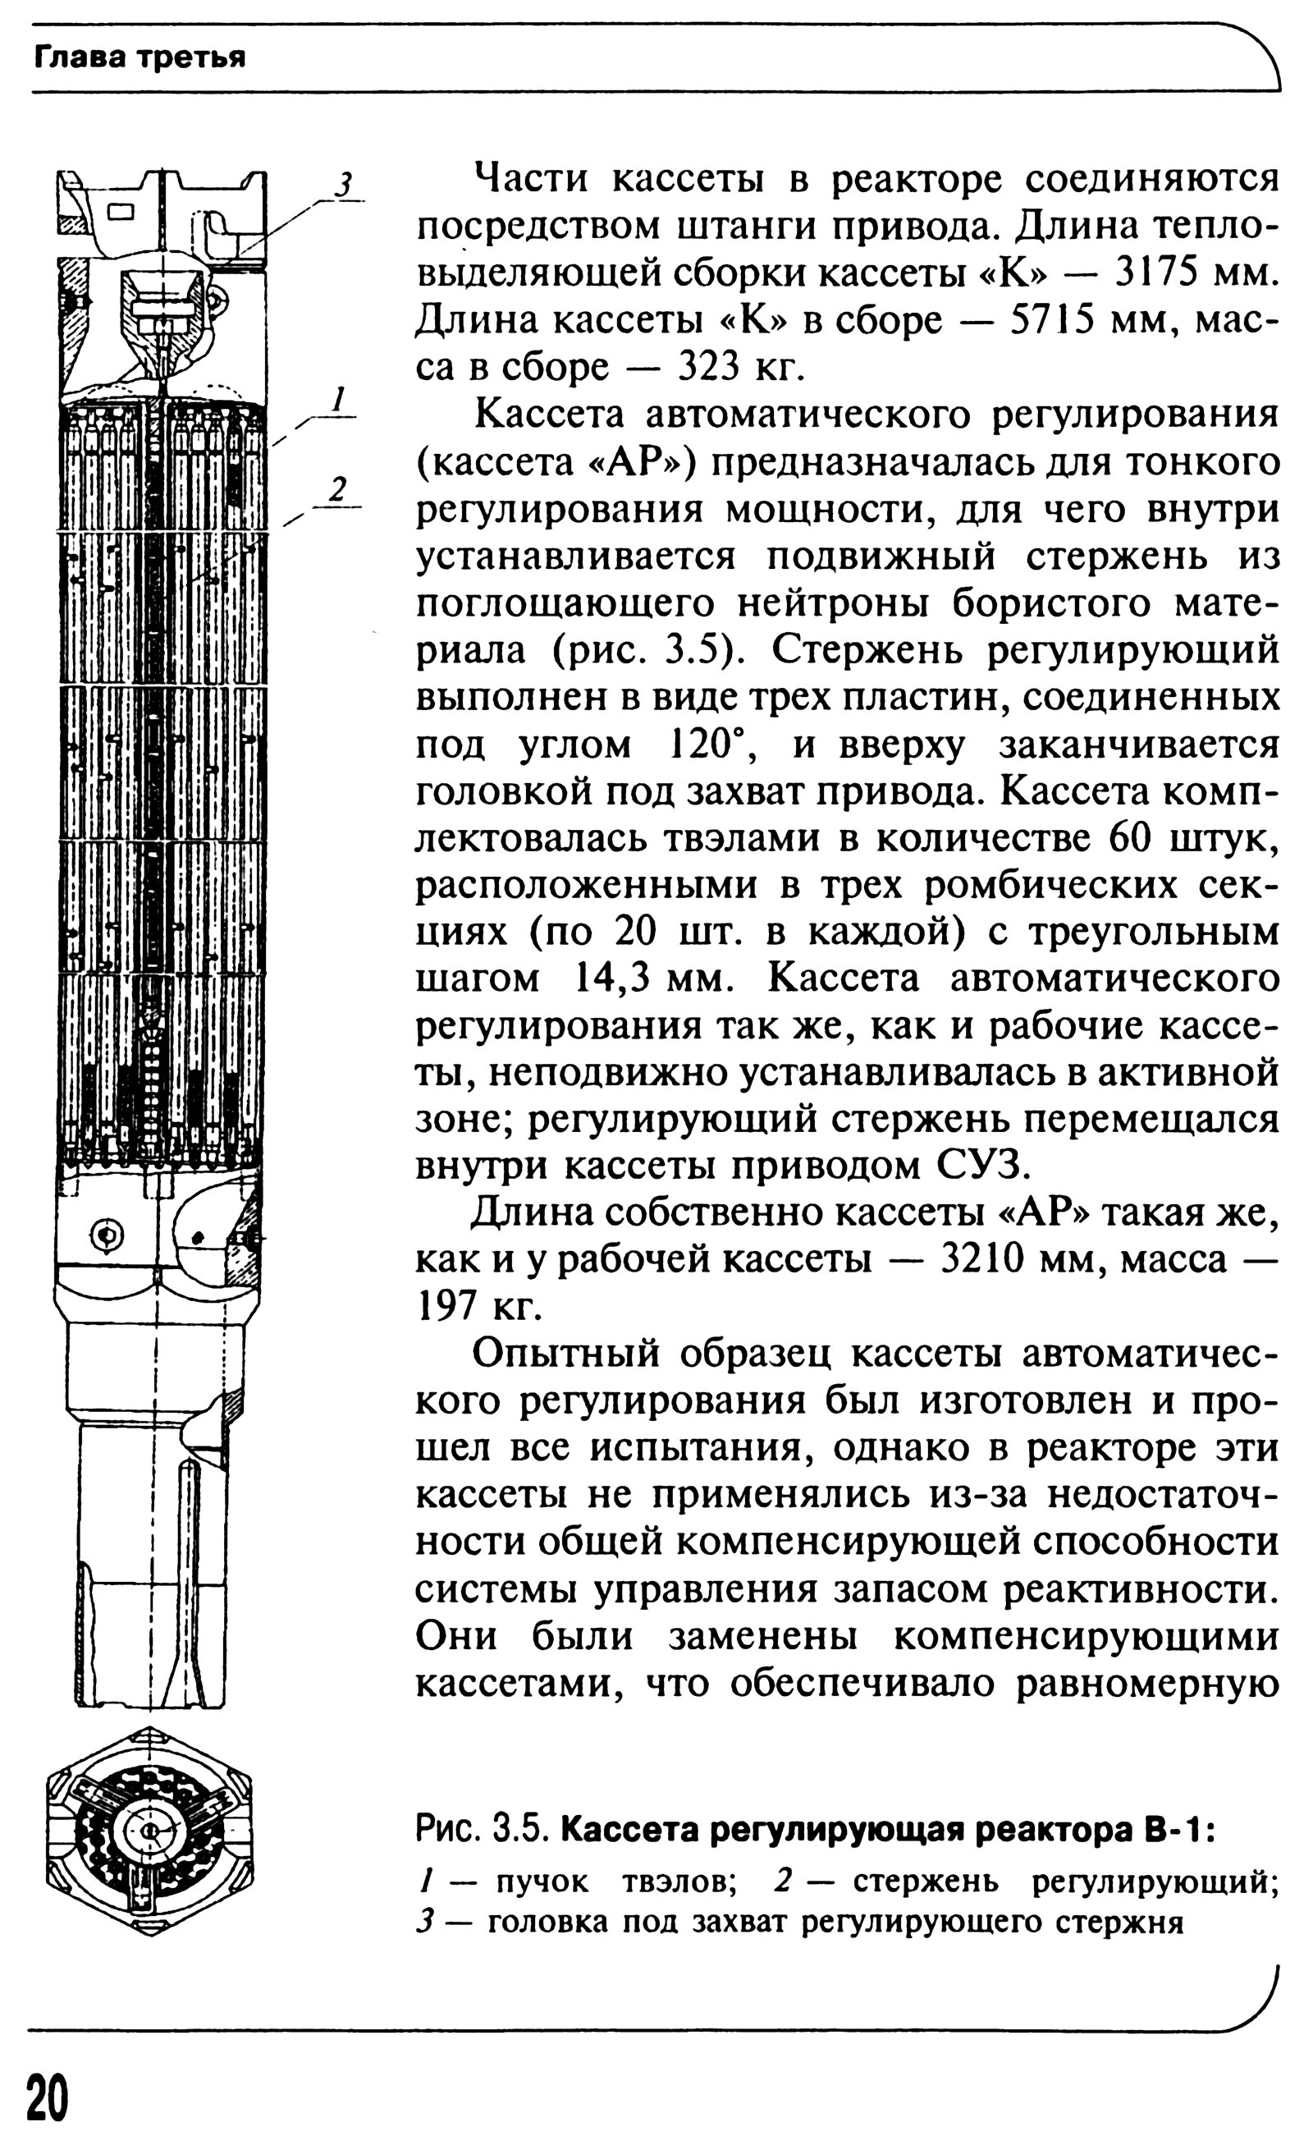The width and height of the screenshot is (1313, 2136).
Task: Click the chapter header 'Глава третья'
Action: click(139, 57)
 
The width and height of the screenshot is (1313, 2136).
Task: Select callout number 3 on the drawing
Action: click(344, 185)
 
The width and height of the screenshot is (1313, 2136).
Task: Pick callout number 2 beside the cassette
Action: click(339, 489)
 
